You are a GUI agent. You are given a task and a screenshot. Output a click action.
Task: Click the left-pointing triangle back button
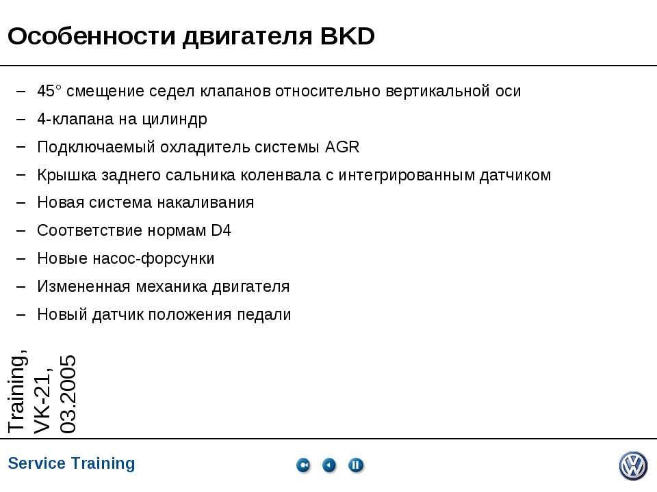[330, 465]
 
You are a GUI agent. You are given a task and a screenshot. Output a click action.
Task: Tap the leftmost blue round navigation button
[303, 465]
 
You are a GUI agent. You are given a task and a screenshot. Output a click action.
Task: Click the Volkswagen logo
[633, 466]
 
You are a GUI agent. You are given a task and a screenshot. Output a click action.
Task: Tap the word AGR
[342, 147]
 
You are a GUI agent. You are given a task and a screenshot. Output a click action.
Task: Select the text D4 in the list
[221, 230]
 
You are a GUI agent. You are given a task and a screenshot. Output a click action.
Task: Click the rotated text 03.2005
[68, 394]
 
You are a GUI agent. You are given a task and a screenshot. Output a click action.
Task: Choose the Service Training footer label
[72, 463]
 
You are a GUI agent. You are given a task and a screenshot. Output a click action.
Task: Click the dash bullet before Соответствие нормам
[22, 230]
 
